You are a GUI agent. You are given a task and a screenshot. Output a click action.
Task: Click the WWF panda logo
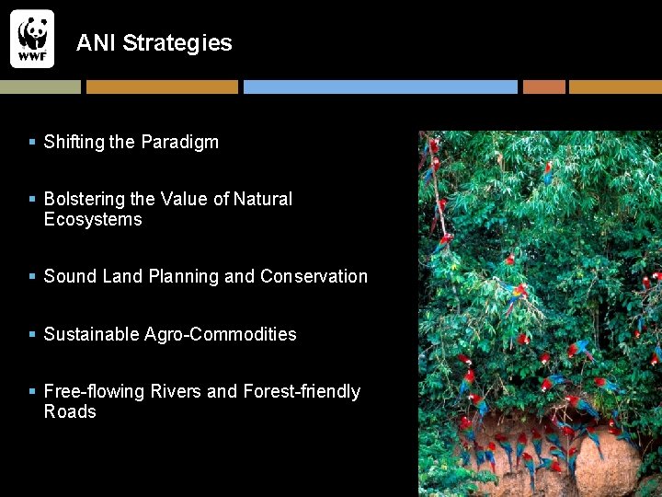click(32, 38)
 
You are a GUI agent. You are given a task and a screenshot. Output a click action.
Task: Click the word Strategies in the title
click(177, 43)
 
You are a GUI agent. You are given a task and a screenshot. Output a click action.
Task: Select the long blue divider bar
click(380, 87)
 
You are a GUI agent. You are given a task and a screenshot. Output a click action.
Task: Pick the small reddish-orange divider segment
click(543, 87)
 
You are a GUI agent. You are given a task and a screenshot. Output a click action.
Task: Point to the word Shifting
click(74, 143)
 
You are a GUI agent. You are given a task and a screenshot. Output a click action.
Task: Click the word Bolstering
click(85, 200)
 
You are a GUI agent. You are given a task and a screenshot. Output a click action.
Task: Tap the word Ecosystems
click(93, 220)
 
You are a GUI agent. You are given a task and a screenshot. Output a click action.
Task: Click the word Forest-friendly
click(302, 392)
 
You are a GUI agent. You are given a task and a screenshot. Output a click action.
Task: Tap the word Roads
click(70, 412)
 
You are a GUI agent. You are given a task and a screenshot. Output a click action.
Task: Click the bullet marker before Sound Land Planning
click(32, 277)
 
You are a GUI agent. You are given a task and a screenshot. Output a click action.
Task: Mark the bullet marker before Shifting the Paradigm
click(32, 143)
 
